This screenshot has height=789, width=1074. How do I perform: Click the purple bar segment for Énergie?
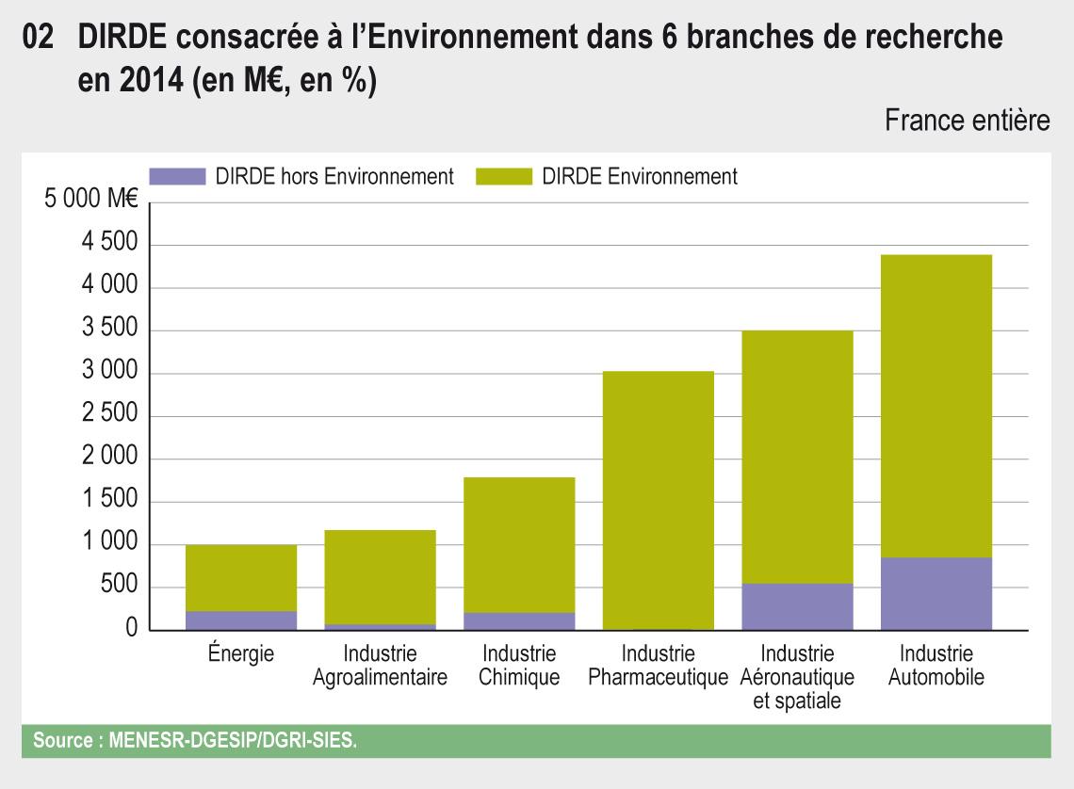tap(241, 620)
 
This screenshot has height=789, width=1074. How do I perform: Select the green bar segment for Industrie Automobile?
tap(936, 405)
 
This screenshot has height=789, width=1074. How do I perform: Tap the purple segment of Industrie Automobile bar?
tap(936, 593)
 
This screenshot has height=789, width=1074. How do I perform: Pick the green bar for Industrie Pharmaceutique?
tap(658, 499)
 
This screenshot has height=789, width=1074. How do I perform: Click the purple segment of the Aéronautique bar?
tap(797, 606)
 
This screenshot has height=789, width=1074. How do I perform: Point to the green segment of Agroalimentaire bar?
tap(380, 576)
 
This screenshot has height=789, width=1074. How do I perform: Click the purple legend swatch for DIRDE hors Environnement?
tap(177, 176)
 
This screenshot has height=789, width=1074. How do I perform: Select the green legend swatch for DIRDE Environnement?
tap(504, 176)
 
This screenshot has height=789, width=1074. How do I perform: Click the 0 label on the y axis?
tap(131, 629)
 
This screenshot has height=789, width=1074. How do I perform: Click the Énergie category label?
tap(241, 653)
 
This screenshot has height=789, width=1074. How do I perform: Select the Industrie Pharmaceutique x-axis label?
tap(658, 665)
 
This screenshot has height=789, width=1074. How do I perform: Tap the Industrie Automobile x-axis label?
tap(936, 665)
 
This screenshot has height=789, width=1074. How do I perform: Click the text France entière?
tap(968, 121)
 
